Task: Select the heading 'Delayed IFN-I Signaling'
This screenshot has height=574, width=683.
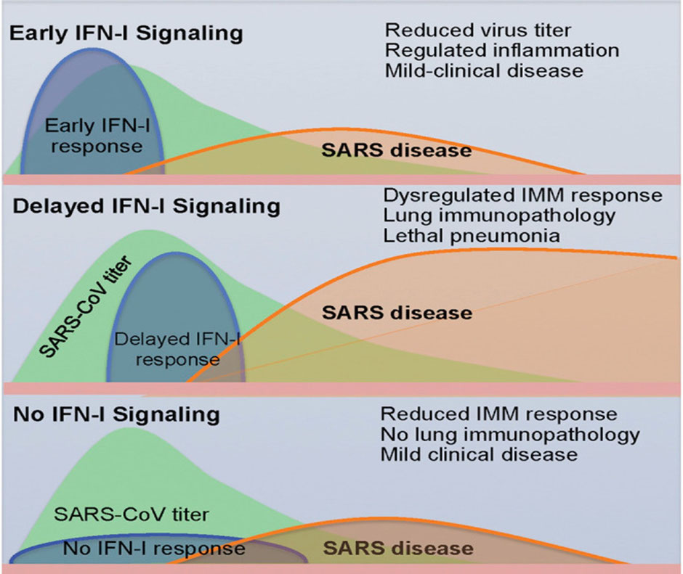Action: click(x=146, y=206)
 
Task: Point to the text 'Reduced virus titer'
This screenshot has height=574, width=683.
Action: click(x=478, y=30)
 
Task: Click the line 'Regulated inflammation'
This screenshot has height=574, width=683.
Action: click(x=502, y=50)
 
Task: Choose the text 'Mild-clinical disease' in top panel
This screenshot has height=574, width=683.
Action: click(x=484, y=70)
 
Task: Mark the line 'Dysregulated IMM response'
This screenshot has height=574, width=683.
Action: click(x=522, y=196)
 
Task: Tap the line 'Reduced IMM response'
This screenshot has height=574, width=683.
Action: click(x=498, y=414)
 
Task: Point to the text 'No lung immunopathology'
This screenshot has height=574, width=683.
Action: click(x=510, y=435)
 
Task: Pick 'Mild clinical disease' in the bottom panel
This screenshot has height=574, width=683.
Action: click(x=479, y=455)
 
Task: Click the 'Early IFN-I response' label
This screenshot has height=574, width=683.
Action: click(x=93, y=136)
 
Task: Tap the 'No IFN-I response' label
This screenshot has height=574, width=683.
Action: click(x=154, y=548)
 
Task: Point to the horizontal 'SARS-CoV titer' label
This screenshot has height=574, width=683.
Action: click(x=132, y=514)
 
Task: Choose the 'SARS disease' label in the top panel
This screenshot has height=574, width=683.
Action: click(x=397, y=151)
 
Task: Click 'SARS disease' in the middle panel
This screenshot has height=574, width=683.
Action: click(x=397, y=313)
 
